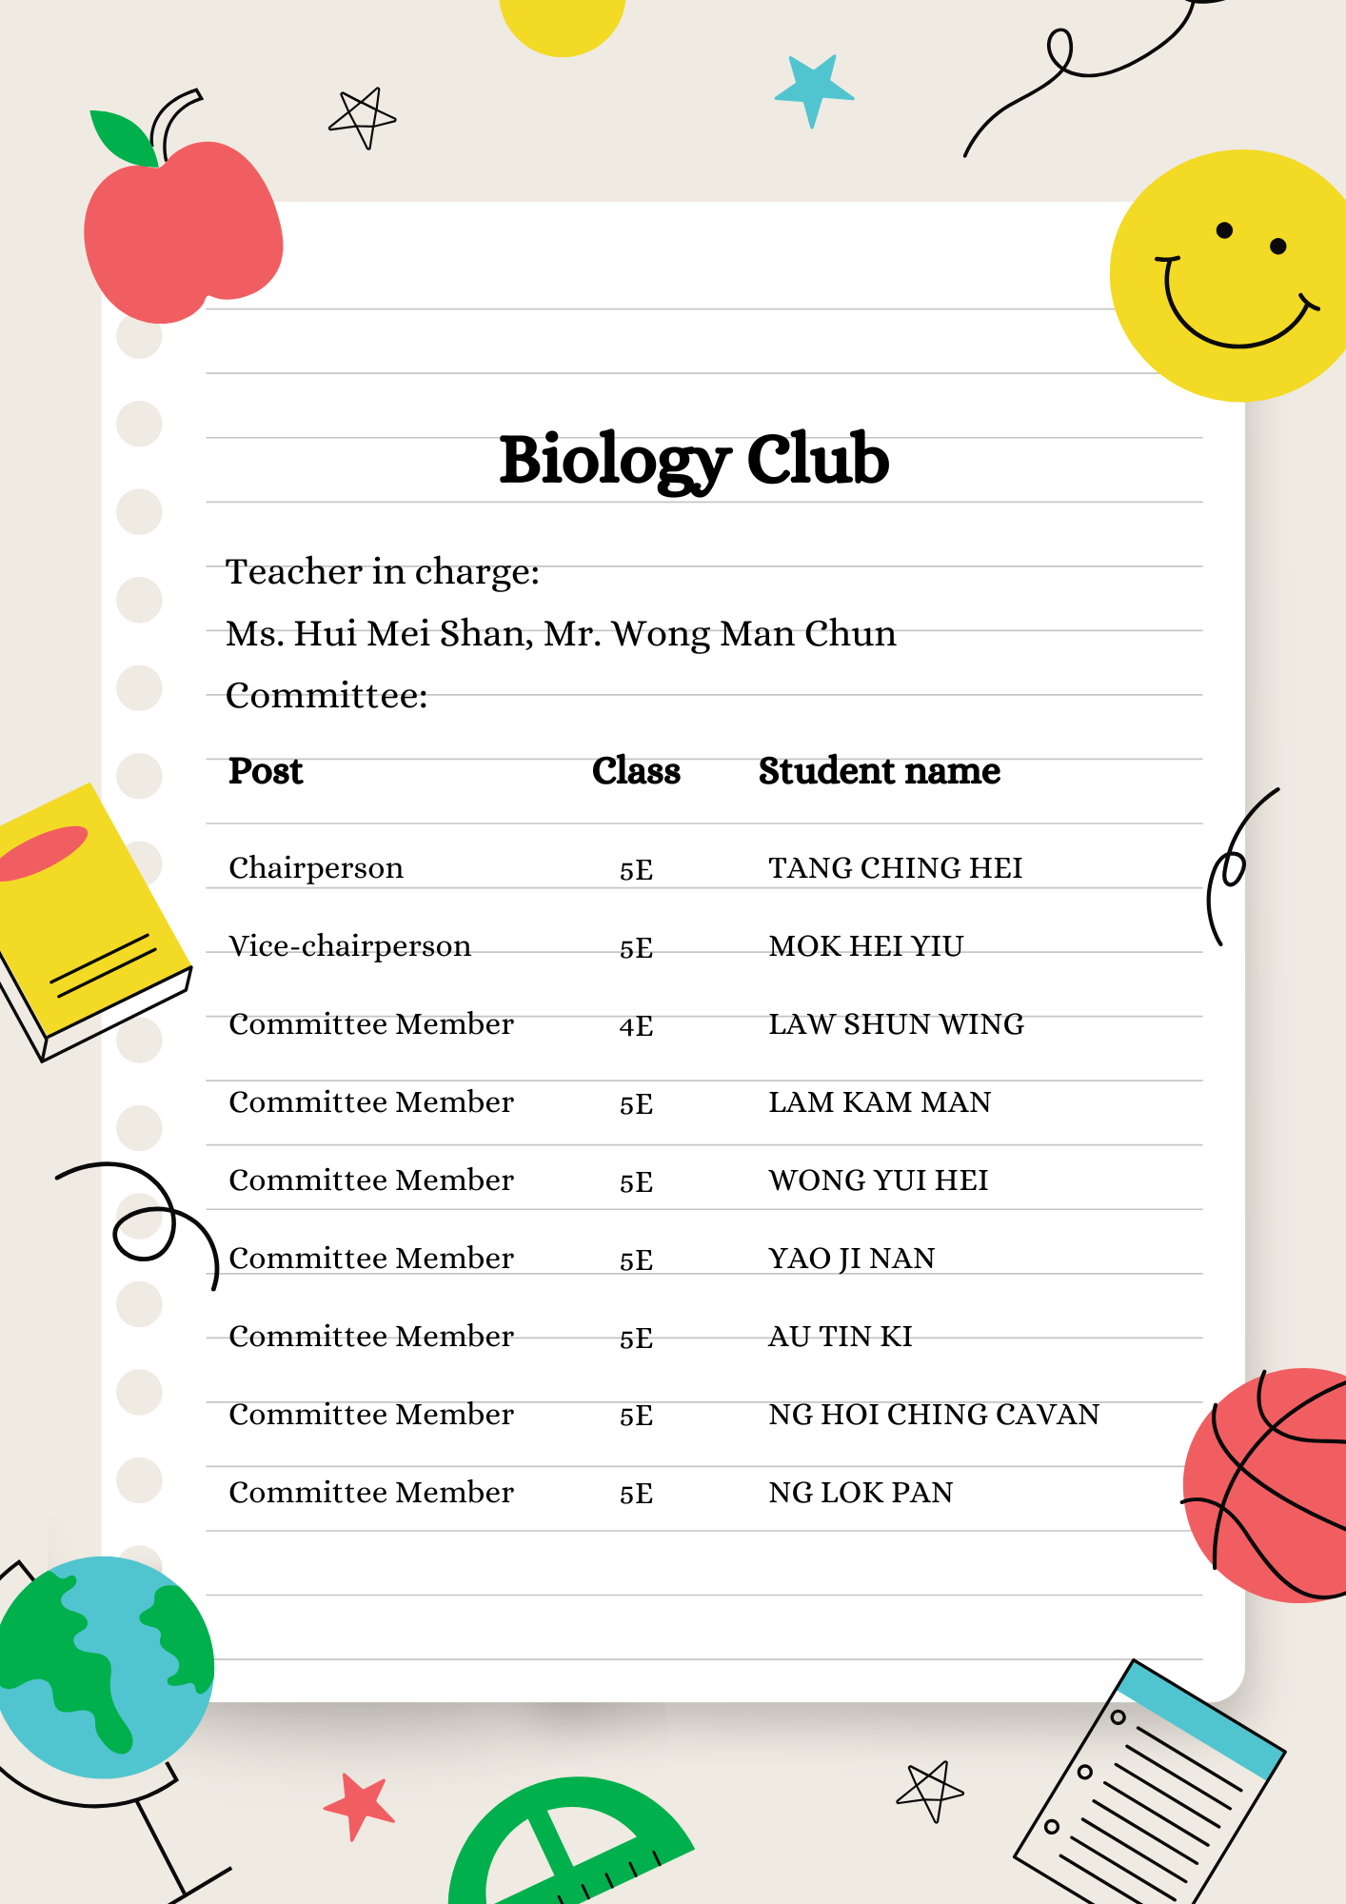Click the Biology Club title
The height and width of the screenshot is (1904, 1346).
click(694, 461)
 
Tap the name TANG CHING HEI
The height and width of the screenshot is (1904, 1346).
click(895, 868)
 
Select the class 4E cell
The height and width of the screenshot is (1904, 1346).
click(636, 1026)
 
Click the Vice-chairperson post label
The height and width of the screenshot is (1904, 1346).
click(349, 946)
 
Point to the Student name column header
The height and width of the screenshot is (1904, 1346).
click(879, 771)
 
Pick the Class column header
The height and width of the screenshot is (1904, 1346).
click(636, 771)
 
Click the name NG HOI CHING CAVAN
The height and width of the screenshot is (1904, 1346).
click(933, 1415)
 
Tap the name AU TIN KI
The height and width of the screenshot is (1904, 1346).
click(840, 1337)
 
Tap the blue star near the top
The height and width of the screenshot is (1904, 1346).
click(812, 89)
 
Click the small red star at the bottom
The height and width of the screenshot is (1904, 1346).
click(359, 1805)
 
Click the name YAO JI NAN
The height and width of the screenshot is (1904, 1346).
click(851, 1259)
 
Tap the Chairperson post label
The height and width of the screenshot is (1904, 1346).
click(315, 868)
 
